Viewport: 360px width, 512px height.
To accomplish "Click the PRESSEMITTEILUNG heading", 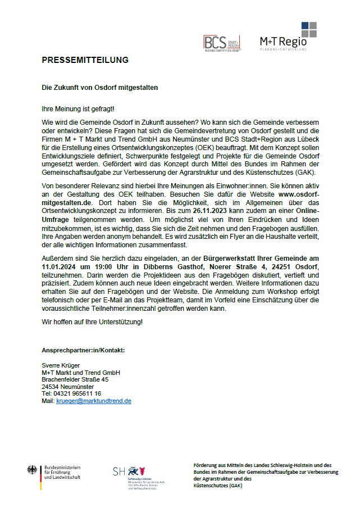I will (x=85, y=60).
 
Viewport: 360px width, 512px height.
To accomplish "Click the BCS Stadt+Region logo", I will (x=222, y=43).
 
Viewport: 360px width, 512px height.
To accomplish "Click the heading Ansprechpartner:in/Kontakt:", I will (x=83, y=350).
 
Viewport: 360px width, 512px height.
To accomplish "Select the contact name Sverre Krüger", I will (x=61, y=365).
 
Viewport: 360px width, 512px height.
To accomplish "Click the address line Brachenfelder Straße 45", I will (x=75, y=379).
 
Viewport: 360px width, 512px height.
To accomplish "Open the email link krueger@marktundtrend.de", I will (x=94, y=401).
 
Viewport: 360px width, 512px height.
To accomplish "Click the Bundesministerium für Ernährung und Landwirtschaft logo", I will (x=54, y=472).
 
